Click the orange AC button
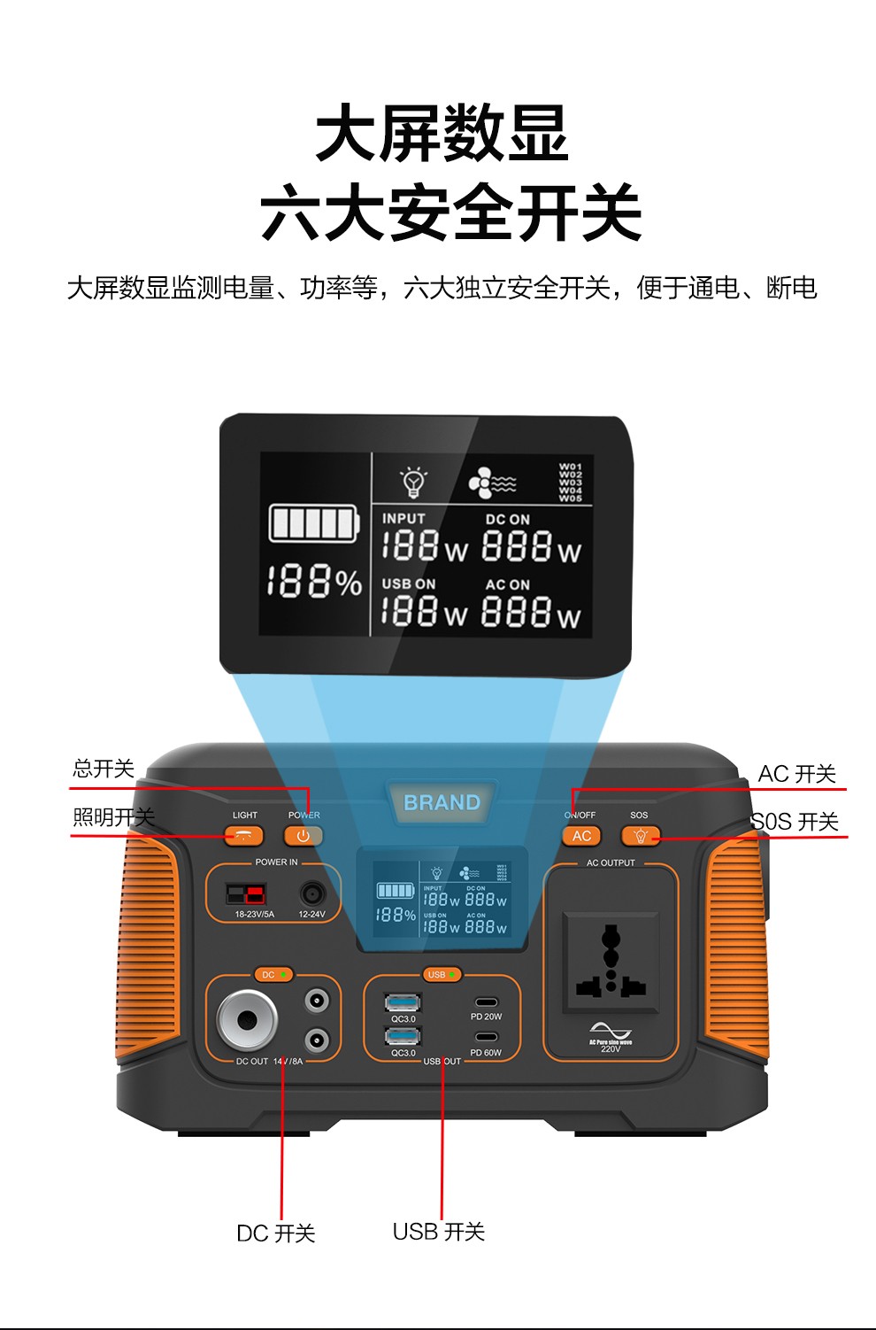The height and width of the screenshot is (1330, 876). tap(581, 836)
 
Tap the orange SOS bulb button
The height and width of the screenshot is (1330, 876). tap(641, 836)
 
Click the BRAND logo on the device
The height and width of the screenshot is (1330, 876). tap(442, 803)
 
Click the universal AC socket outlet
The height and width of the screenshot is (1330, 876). tap(611, 962)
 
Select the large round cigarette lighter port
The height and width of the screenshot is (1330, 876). tap(247, 1020)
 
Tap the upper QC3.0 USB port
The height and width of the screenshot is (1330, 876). tap(403, 1002)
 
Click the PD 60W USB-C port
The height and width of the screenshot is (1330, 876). tap(486, 1037)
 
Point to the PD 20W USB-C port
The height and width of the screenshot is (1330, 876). tap(486, 1002)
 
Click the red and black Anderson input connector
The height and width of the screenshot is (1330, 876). tap(245, 893)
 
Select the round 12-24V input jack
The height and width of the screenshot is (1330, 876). tap(311, 893)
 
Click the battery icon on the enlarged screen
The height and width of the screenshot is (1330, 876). tap(314, 523)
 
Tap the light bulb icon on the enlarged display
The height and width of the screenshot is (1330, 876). tap(413, 482)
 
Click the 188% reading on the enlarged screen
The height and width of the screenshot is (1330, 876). tap(314, 582)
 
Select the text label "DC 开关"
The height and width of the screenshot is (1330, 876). tap(276, 1233)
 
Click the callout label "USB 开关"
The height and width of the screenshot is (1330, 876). tap(439, 1232)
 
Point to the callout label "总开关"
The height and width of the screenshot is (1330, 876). tap(104, 769)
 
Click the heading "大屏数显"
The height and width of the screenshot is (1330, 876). tap(442, 134)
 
